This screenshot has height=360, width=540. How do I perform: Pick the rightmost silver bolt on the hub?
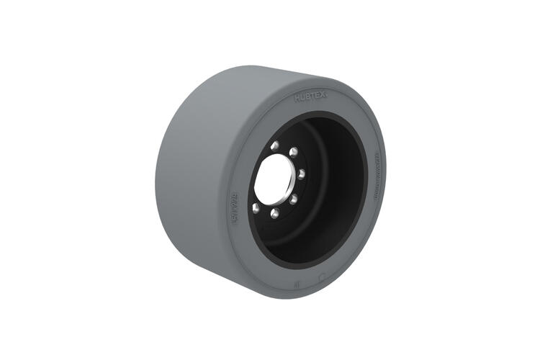(x=301, y=174)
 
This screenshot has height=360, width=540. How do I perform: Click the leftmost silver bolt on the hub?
(x=255, y=208)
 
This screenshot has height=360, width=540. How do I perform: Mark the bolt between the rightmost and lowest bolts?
(x=293, y=199)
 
